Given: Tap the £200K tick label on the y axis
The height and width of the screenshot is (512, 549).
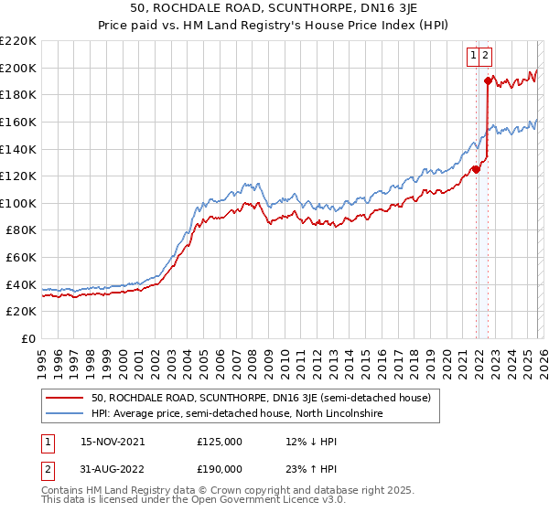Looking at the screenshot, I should tap(18, 68).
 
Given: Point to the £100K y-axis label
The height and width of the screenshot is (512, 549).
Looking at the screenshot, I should tap(18, 203).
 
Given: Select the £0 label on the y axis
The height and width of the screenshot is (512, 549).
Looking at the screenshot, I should tap(27, 339).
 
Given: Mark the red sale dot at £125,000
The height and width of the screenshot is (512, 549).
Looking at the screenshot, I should tap(476, 169).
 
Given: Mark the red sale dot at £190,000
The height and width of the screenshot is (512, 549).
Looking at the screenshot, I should tap(489, 81).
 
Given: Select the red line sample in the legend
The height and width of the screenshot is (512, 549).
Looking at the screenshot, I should tap(66, 398).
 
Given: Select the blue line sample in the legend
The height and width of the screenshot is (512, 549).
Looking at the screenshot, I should tap(66, 413).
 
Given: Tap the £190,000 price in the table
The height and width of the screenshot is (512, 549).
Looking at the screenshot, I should tap(219, 468).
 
